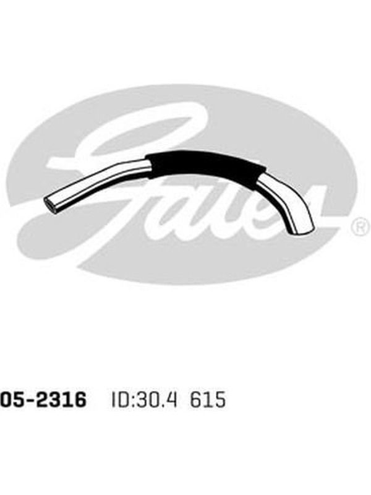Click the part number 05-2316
point(43,400)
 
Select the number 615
point(208,400)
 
